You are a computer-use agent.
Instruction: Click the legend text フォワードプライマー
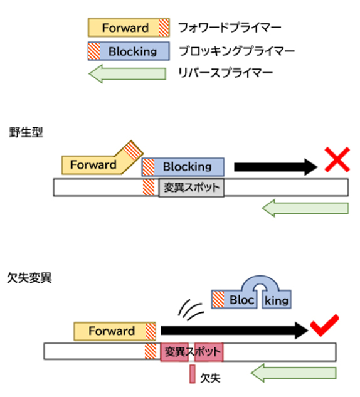tap(230, 28)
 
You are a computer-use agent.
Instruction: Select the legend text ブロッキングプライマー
tap(236, 51)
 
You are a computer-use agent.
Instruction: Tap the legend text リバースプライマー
tap(225, 73)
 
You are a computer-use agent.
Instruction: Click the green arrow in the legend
tap(127, 73)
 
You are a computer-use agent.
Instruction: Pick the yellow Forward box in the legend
tap(129, 28)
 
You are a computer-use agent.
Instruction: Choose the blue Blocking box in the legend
tap(129, 51)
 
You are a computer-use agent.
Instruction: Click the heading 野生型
tap(26, 132)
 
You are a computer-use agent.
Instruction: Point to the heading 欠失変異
tap(29, 278)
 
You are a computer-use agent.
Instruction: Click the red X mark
tap(337, 159)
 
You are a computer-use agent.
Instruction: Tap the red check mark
tap(324, 326)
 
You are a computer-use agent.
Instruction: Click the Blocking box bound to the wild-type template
tap(183, 167)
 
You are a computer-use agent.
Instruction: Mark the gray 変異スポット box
tap(191, 188)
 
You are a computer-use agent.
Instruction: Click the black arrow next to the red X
tap(276, 167)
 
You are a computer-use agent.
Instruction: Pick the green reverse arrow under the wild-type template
tap(305, 208)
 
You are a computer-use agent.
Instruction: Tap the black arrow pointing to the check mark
tap(235, 331)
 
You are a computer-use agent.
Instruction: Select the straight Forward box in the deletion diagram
tap(115, 331)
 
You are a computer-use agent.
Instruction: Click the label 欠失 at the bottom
tap(210, 378)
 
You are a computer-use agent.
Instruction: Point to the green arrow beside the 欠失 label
tap(294, 373)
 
